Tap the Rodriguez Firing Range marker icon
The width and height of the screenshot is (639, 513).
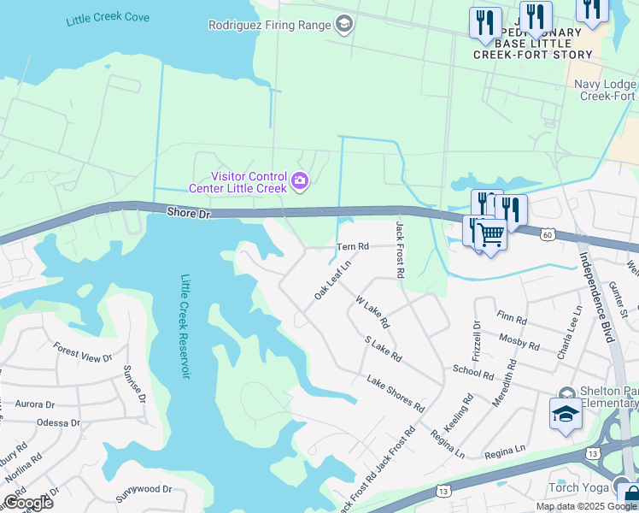tap(344, 25)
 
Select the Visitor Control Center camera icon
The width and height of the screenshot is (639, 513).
tap(300, 180)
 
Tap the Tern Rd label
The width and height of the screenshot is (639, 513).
tap(352, 246)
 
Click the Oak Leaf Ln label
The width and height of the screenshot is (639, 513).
tap(332, 280)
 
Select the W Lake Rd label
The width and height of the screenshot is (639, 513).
tap(372, 312)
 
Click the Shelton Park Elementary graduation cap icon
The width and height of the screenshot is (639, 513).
tap(565, 415)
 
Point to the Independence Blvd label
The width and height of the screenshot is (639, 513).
tap(597, 296)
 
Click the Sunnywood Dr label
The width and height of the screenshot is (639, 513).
tap(144, 490)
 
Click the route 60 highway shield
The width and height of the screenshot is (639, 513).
tap(548, 233)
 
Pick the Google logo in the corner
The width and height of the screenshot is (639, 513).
tap(28, 502)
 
